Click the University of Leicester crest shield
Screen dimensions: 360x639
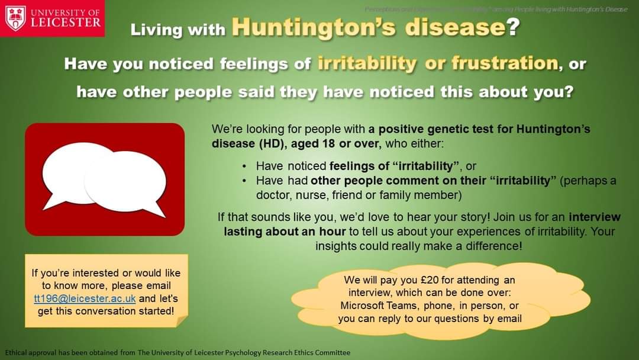tap(15, 18)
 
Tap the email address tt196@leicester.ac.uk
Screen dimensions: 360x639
tap(85, 298)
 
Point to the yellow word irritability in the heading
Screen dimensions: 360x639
tap(367, 63)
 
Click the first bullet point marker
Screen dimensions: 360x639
tap(245, 168)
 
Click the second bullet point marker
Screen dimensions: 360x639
tap(245, 181)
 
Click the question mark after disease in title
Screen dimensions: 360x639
tap(512, 28)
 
